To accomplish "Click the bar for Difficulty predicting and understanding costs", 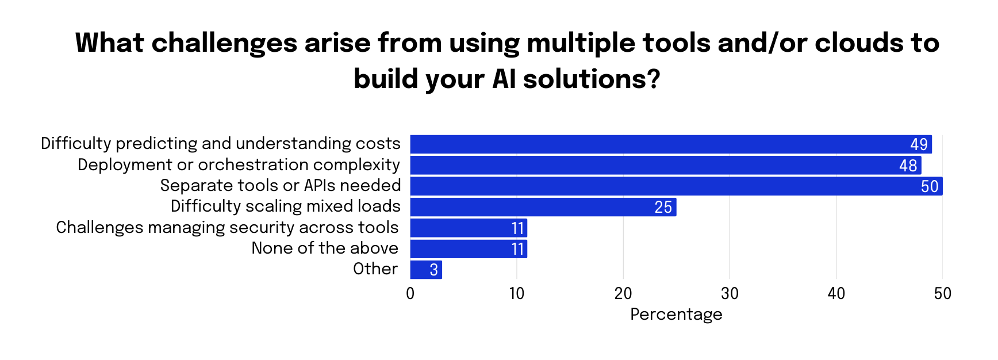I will [x=661, y=144].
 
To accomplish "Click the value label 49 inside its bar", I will [x=919, y=144].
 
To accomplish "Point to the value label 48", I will [x=908, y=166].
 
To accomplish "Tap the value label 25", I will [x=663, y=207].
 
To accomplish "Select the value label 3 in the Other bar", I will [x=434, y=270].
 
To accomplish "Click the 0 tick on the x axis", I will [x=410, y=294].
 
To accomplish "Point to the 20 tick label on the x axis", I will [x=623, y=294].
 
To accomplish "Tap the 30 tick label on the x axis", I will [x=730, y=294].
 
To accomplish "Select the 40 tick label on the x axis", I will [x=836, y=294].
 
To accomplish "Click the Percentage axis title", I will [x=676, y=315].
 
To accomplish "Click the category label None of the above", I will [x=325, y=248].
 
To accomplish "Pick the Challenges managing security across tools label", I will [x=227, y=228].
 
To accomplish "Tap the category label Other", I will [x=375, y=269].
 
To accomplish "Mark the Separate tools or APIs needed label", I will [x=281, y=186].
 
